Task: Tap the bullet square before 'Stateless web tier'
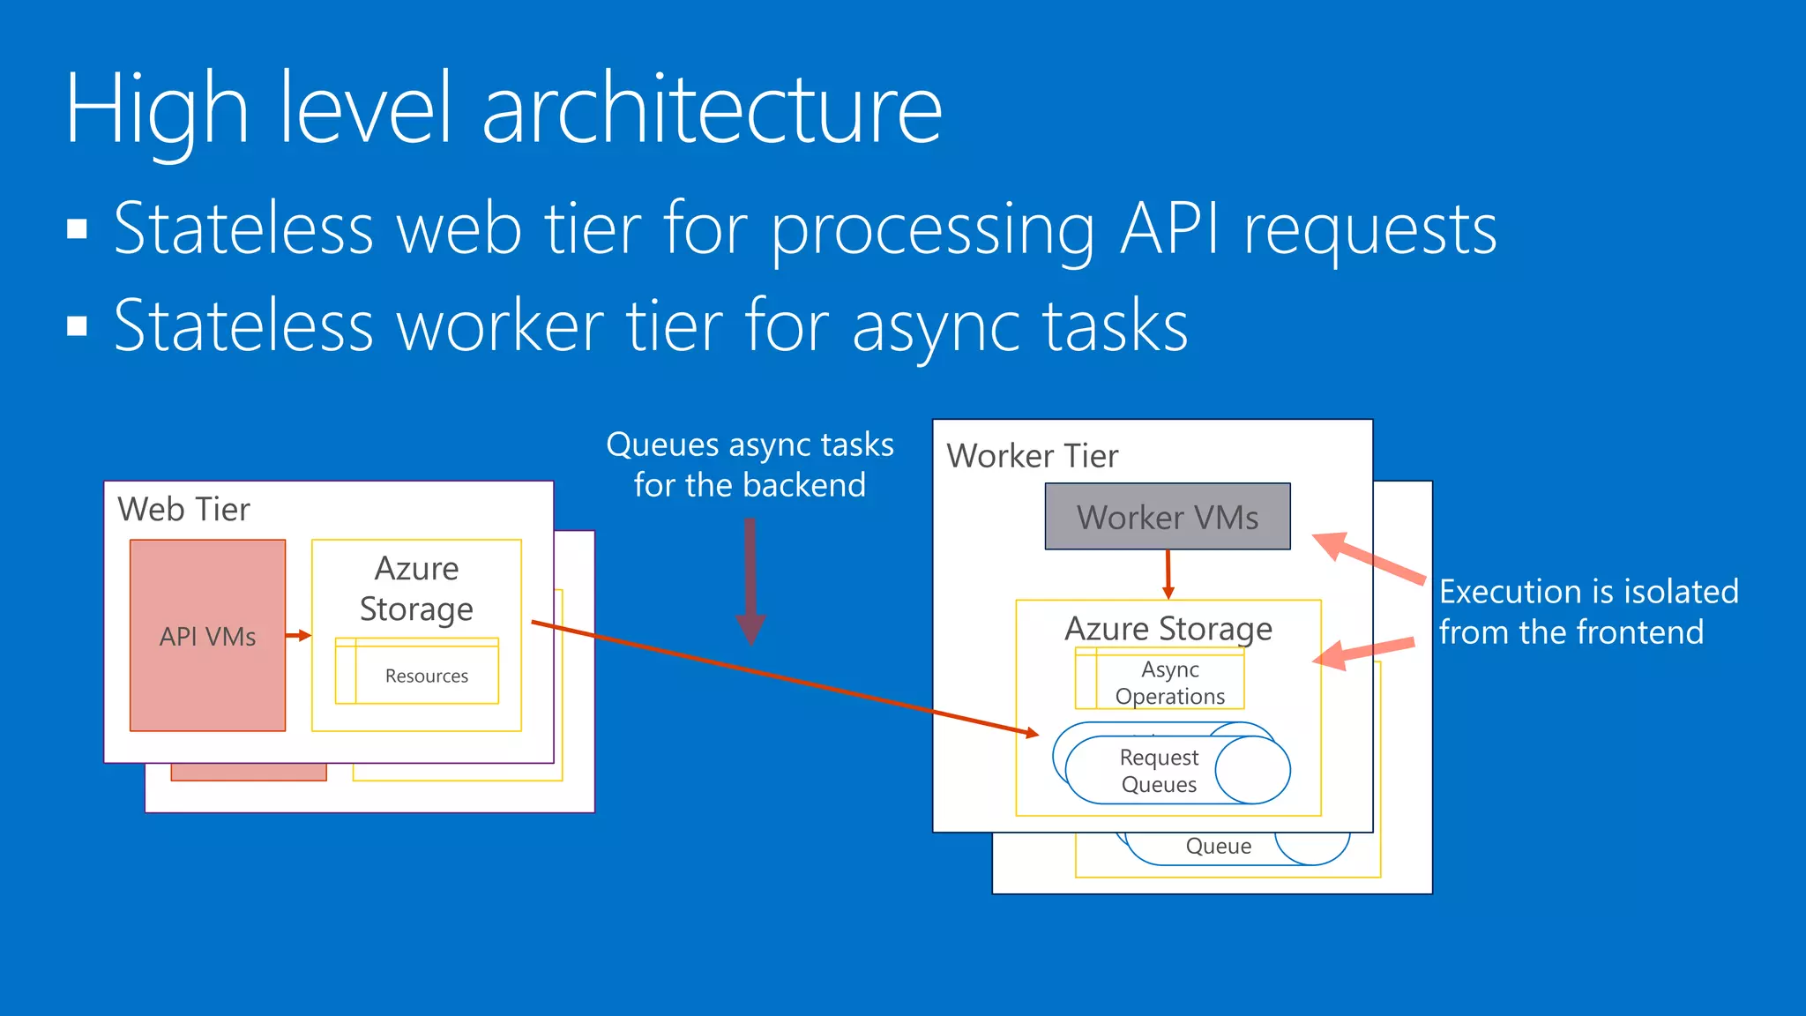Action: point(78,229)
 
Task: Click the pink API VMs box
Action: point(207,636)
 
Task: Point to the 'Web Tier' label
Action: point(183,510)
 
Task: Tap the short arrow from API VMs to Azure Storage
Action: point(298,635)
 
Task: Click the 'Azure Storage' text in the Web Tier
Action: point(416,589)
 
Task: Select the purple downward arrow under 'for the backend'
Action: point(750,581)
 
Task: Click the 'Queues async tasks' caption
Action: point(750,445)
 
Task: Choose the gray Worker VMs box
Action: point(1167,517)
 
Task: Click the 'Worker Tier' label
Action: point(1032,456)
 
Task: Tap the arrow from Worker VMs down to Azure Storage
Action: point(1168,574)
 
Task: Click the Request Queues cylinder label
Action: point(1159,771)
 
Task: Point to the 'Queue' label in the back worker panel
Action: point(1218,847)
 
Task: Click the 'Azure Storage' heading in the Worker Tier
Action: point(1168,629)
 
